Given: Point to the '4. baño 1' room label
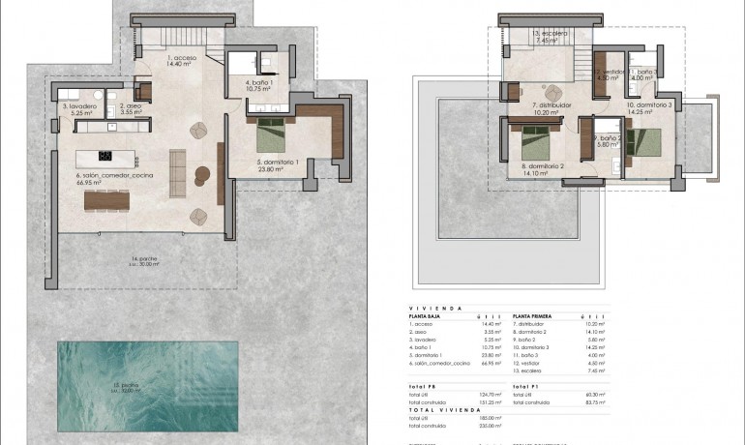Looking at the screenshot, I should click(257, 84).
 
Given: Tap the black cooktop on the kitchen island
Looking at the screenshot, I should click(105, 156).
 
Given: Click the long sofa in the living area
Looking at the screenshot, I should click(177, 171).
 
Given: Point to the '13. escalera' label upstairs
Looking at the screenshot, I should click(550, 34).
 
